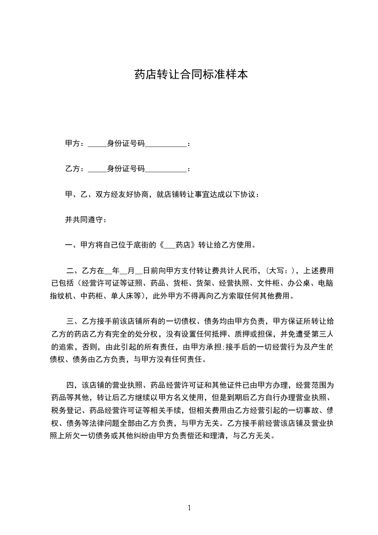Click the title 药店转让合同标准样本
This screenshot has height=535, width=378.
coord(191,75)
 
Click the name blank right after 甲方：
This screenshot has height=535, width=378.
coord(98,144)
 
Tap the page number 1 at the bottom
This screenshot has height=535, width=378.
coord(189,508)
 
